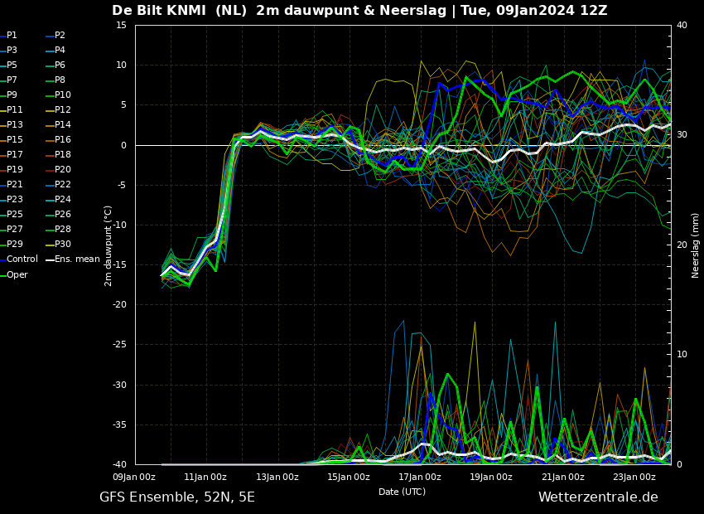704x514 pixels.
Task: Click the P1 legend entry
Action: click(x=8, y=35)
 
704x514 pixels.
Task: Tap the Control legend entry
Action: click(x=19, y=259)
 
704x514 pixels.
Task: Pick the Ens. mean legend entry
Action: click(x=73, y=259)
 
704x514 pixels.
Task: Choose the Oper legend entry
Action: click(x=14, y=274)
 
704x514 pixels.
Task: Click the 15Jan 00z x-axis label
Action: click(x=349, y=477)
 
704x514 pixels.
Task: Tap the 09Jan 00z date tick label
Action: click(x=134, y=477)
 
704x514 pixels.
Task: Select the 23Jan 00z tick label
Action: click(x=634, y=477)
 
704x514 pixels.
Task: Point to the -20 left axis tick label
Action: click(x=119, y=304)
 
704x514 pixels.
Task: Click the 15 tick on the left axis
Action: click(x=121, y=25)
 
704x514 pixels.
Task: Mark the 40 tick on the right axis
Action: click(x=682, y=25)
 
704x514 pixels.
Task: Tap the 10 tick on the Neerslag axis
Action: click(x=682, y=354)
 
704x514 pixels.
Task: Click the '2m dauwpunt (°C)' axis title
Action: click(x=108, y=245)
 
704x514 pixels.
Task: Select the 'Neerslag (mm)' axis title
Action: click(x=695, y=245)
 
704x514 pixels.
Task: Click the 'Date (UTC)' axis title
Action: click(x=402, y=492)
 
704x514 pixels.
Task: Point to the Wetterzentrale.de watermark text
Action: click(x=598, y=497)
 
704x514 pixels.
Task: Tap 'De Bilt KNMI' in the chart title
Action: click(x=158, y=10)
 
